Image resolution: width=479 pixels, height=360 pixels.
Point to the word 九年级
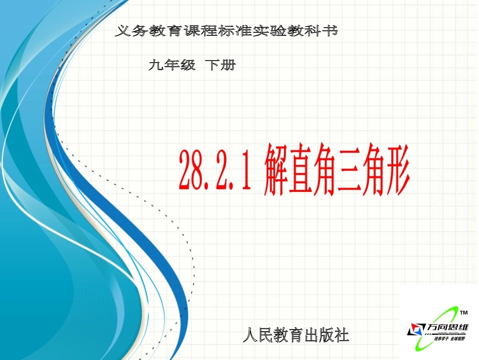point(172,65)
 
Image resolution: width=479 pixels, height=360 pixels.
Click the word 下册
point(220,65)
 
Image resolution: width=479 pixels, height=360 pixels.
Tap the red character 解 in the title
point(276,170)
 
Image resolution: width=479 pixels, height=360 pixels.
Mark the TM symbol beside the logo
point(464,313)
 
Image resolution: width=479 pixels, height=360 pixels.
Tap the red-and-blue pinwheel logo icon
point(416,330)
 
